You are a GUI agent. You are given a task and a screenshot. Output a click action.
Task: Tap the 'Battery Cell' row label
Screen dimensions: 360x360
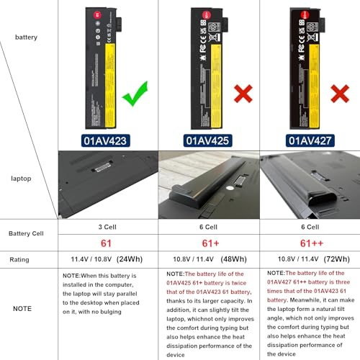click(x=29, y=234)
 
